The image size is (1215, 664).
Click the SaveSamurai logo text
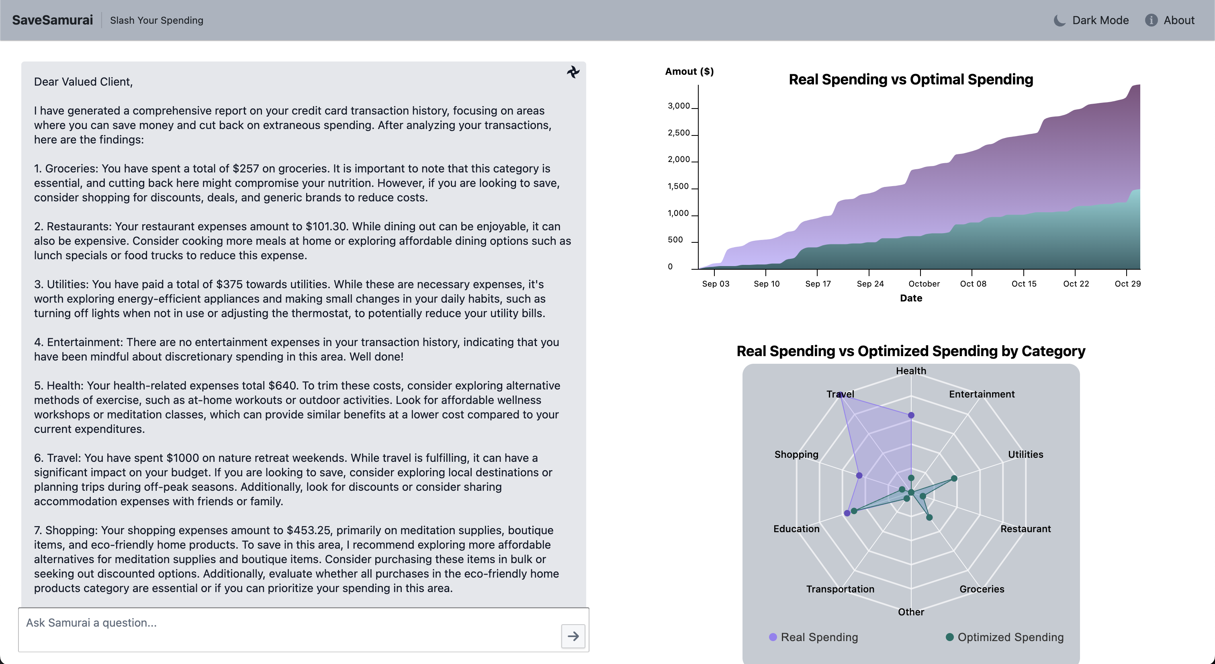(52, 20)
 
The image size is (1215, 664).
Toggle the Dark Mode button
(1091, 20)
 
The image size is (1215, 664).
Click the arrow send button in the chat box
(573, 636)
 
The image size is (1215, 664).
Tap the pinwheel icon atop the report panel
(573, 72)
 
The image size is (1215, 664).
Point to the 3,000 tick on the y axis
(679, 106)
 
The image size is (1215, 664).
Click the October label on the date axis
(924, 284)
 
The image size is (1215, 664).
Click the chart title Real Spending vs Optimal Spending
(910, 79)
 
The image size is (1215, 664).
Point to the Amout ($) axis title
(689, 71)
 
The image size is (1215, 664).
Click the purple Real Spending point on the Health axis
(911, 415)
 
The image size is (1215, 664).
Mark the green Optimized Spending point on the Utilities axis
(954, 479)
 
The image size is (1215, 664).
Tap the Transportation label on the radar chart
(840, 589)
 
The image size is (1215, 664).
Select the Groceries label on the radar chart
(982, 589)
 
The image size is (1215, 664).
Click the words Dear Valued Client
(83, 82)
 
